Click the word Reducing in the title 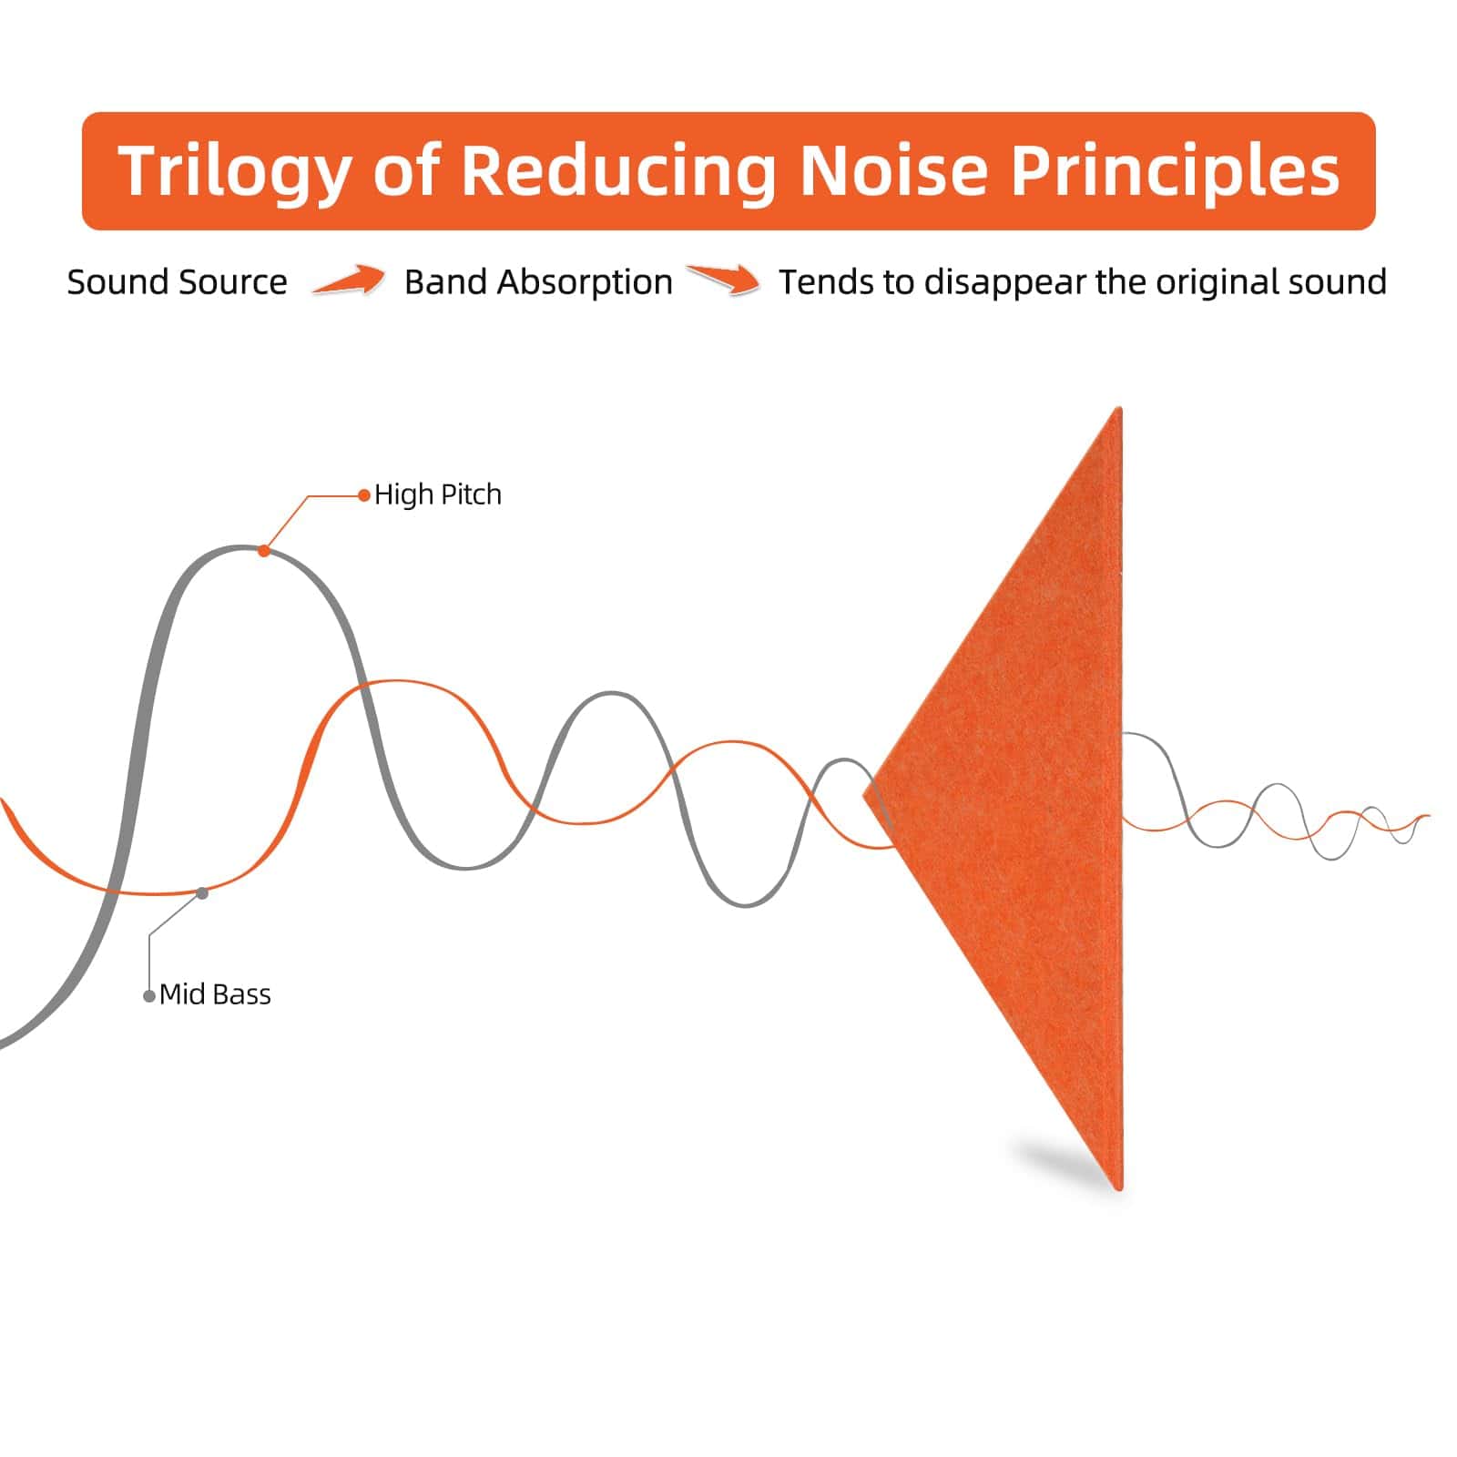click(618, 171)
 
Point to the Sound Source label click(178, 282)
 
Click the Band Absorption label click(539, 283)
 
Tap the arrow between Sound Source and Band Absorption click(348, 280)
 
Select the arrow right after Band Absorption click(724, 280)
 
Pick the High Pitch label click(438, 494)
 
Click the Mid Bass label click(215, 994)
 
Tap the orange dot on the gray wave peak click(264, 550)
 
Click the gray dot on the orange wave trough click(202, 893)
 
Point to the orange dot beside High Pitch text click(364, 496)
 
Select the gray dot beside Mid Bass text click(149, 996)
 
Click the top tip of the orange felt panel click(1118, 408)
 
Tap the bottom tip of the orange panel click(1118, 1188)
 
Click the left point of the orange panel click(865, 796)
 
